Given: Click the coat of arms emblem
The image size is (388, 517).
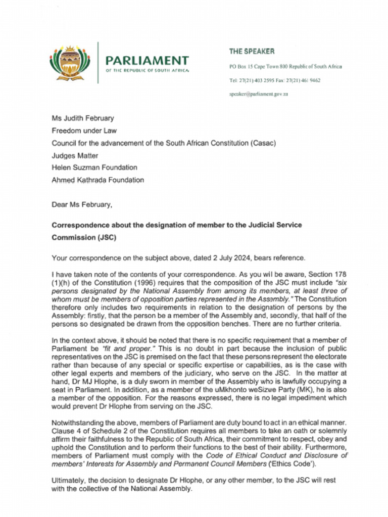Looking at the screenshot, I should click(x=69, y=63).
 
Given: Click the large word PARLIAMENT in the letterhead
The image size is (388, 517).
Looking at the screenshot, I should click(x=147, y=61).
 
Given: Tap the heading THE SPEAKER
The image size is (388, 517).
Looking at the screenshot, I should click(x=252, y=51).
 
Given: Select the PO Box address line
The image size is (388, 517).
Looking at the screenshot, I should click(x=285, y=67).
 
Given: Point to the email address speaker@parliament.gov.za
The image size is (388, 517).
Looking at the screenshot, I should click(x=258, y=94).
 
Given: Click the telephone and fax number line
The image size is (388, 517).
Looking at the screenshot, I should click(x=274, y=80).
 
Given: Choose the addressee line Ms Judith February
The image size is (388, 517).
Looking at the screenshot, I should click(x=83, y=118).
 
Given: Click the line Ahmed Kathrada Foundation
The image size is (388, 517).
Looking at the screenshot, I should click(x=98, y=180).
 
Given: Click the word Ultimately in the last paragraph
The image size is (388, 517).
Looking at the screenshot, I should click(x=68, y=481).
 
